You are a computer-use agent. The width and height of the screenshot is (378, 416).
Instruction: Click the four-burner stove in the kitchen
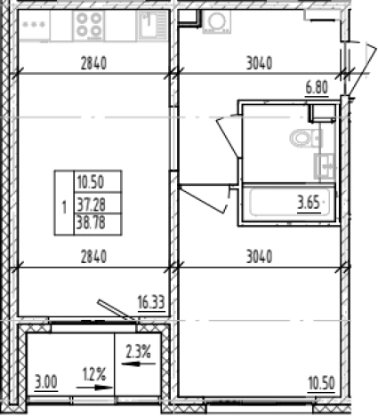[x=89, y=25]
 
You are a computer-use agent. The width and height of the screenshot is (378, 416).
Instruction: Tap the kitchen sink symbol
[x=153, y=25]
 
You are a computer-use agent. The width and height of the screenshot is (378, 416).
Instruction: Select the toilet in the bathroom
[x=306, y=139]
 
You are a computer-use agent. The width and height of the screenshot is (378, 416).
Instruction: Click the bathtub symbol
[x=288, y=203]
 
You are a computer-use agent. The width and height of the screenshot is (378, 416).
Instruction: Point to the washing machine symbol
[x=217, y=21]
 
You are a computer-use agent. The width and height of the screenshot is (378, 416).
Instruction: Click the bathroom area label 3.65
[x=309, y=204]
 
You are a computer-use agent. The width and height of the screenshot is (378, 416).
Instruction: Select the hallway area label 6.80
[x=317, y=88]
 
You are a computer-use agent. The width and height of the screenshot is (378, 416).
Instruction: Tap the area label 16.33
[x=151, y=302]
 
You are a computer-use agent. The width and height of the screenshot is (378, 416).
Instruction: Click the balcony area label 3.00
[x=46, y=382]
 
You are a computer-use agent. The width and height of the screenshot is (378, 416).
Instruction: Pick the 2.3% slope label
[x=139, y=352]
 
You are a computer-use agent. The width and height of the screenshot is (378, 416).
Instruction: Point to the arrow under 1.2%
[x=94, y=388]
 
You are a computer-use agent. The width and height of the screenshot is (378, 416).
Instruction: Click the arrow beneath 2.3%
[x=139, y=364]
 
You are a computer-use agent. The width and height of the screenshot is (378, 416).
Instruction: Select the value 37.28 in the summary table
[x=92, y=204]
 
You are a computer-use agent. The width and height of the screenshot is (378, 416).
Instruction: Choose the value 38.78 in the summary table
[x=91, y=222]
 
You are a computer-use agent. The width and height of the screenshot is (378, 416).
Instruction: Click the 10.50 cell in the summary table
[x=91, y=182]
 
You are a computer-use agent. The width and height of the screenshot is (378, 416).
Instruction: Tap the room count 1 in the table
[x=64, y=207]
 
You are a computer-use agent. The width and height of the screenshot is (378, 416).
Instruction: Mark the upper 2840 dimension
[x=93, y=63]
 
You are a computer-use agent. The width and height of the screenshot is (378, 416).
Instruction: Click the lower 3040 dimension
[x=259, y=257]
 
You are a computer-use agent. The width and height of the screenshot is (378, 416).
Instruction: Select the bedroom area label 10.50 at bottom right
[x=321, y=383]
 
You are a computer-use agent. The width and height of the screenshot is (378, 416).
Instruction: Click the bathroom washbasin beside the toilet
[x=325, y=165]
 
